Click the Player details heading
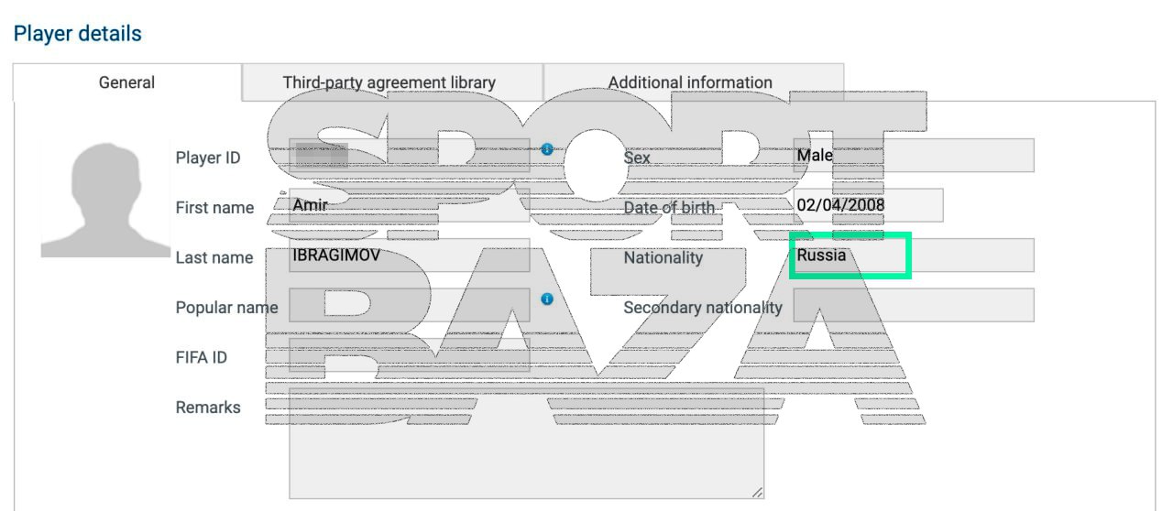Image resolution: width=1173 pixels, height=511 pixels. click(78, 34)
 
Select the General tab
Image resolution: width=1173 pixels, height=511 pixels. click(126, 82)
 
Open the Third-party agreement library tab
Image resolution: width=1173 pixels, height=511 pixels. click(389, 82)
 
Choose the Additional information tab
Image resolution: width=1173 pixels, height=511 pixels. click(690, 82)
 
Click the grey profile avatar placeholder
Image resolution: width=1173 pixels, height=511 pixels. click(105, 200)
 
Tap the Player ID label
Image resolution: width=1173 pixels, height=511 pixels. click(208, 158)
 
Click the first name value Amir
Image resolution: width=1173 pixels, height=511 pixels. click(310, 205)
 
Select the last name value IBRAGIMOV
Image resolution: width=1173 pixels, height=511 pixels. click(335, 255)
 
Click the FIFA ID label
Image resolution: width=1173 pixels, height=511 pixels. click(201, 357)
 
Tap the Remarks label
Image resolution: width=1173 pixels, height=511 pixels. click(208, 408)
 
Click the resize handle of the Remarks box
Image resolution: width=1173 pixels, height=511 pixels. click(757, 493)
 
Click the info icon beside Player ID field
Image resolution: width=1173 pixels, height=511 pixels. click(547, 148)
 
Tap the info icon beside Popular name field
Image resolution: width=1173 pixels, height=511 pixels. click(547, 299)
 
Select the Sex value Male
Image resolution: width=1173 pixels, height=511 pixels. click(815, 156)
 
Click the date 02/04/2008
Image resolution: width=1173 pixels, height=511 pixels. click(840, 205)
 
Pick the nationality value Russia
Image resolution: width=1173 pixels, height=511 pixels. click(821, 255)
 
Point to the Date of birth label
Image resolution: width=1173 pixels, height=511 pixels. click(669, 208)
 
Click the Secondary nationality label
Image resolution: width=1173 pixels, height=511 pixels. click(703, 308)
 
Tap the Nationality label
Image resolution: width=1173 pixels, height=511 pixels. click(663, 258)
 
